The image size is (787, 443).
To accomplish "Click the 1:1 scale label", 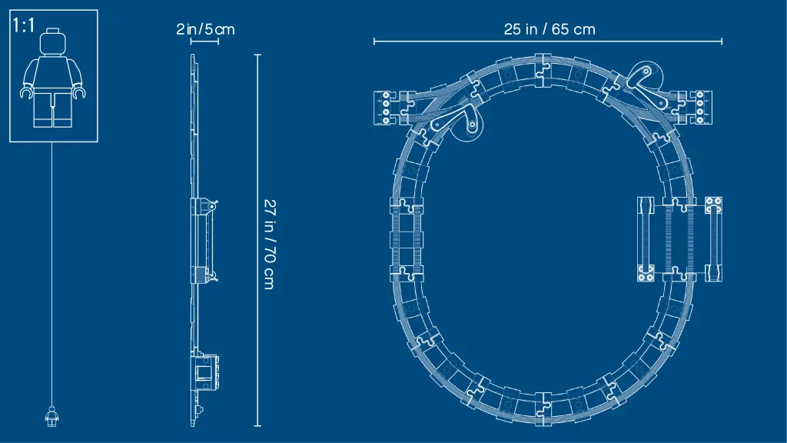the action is (24, 25).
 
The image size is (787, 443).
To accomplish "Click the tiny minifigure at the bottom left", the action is (51, 416).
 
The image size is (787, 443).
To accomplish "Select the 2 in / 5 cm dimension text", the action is (205, 29).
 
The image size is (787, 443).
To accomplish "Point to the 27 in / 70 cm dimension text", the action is (270, 244).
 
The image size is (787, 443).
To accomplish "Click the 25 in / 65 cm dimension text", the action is (550, 29).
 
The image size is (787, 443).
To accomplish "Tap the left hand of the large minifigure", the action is (26, 93).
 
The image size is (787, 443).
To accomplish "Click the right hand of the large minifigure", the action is (79, 93).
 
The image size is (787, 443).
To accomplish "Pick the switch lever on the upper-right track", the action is (644, 85).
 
